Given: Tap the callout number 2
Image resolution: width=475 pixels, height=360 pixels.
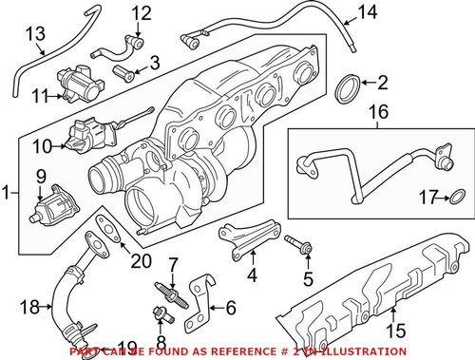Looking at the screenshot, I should click(383, 83).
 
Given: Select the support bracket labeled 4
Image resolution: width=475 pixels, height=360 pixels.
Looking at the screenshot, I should click(248, 237).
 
